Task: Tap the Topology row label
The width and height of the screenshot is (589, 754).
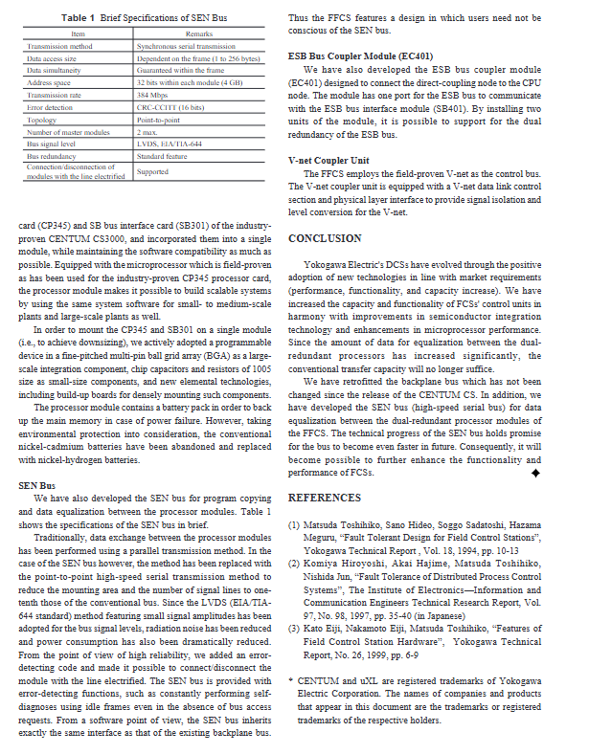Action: pos(42,120)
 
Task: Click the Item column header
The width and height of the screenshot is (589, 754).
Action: pos(79,33)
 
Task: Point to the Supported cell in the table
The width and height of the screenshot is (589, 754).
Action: pos(154,172)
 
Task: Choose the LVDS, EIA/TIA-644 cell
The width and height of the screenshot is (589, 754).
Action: pos(170,144)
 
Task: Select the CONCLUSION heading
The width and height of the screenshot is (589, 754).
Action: pos(325,238)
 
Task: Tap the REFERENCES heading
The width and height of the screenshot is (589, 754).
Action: pos(325,498)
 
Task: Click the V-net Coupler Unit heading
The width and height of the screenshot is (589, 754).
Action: pos(328,160)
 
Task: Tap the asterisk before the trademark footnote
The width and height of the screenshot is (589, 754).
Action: pos(290,680)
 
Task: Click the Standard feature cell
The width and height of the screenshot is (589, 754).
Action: pos(162,155)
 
